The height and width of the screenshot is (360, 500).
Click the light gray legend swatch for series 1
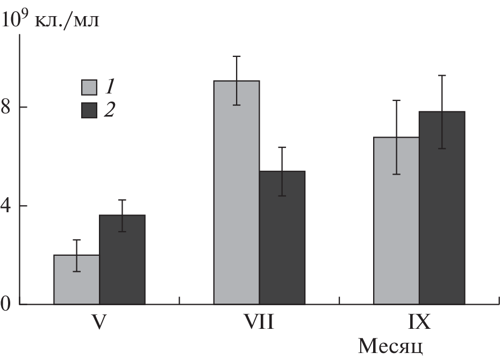tap(89, 87)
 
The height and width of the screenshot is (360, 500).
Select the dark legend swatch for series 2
tap(89, 110)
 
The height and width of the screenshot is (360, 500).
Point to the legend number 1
tap(110, 86)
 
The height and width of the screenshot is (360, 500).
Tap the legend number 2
tap(110, 110)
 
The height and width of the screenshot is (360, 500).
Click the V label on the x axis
tap(99, 323)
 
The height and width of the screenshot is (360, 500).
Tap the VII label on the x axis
tap(259, 323)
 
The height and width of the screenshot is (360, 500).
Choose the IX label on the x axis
tap(419, 323)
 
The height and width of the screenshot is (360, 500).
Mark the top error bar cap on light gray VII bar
tap(237, 56)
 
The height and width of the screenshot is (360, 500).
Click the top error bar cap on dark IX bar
tap(442, 75)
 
